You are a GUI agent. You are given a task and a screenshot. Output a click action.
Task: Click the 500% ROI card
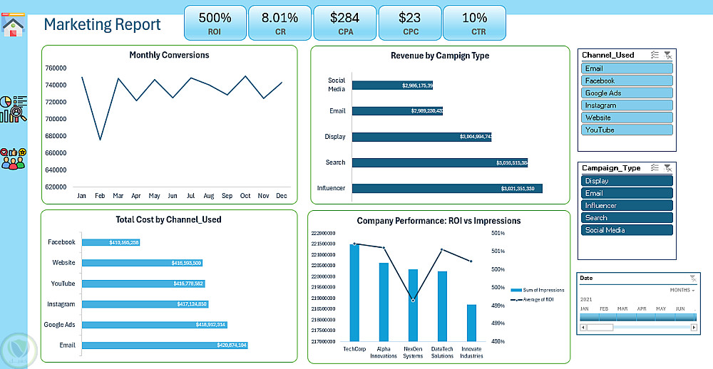point(215,23)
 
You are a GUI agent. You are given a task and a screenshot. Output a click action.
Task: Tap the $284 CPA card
point(344,23)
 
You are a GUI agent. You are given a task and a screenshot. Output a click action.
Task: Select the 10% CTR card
point(474,23)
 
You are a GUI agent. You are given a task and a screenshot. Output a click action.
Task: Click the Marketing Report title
point(103,25)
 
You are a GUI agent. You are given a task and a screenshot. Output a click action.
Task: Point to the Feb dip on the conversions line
point(100,139)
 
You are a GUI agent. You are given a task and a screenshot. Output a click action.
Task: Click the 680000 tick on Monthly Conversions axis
point(56,136)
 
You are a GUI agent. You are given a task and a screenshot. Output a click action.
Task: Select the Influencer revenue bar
point(447,189)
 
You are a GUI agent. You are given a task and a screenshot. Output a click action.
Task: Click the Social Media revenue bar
point(392,85)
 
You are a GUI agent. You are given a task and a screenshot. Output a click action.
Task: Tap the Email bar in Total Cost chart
point(165,345)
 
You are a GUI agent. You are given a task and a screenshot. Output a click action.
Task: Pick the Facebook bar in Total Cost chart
point(111,243)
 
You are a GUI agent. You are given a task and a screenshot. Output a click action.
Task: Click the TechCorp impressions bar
point(354,293)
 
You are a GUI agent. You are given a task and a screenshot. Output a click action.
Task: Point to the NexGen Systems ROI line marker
point(413,301)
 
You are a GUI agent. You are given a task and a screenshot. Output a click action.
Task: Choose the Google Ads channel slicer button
point(627,93)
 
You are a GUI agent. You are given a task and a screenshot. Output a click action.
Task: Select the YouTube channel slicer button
point(627,130)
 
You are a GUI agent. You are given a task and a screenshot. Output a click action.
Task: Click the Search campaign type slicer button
point(627,218)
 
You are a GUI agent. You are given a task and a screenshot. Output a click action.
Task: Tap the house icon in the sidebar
point(14,26)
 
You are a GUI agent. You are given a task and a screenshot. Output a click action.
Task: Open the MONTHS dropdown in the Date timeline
point(682,291)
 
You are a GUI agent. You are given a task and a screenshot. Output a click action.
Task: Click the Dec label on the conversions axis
point(282,196)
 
